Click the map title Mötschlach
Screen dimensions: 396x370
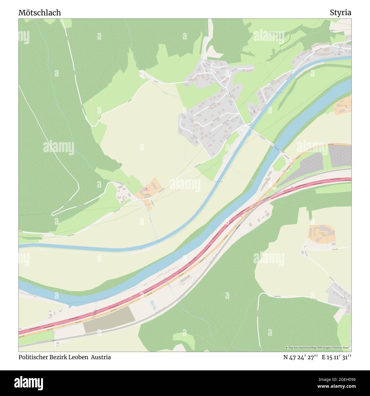pos(40,13)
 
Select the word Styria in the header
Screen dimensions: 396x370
pos(340,13)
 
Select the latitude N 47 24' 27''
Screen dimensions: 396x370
pos(300,357)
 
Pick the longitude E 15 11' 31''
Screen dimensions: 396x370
pos(336,357)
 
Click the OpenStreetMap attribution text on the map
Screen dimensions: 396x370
pos(318,348)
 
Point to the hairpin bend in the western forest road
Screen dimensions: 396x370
pos(53,213)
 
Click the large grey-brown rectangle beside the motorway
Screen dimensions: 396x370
pos(109,319)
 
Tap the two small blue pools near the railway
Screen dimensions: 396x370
pos(153,305)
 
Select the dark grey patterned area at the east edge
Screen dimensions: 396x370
pos(340,156)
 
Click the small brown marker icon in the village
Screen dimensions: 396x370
pos(254,111)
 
